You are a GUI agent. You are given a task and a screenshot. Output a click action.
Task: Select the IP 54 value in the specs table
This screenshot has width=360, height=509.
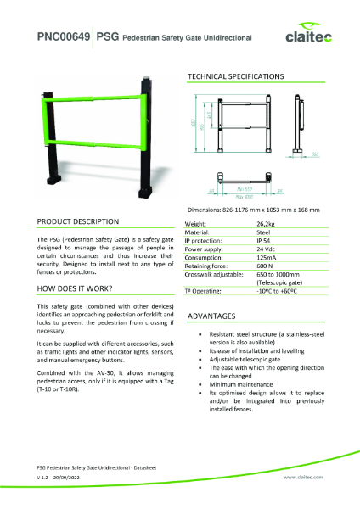(x=264, y=242)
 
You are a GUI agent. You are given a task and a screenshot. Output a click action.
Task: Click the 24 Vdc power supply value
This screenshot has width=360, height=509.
(x=266, y=250)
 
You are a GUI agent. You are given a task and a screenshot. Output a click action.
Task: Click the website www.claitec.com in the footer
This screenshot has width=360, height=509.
(x=298, y=478)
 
